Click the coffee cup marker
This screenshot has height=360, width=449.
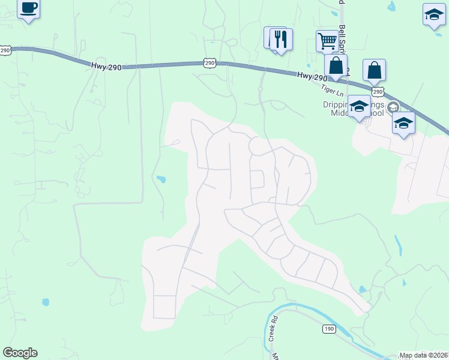28,8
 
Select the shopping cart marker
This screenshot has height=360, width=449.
327,41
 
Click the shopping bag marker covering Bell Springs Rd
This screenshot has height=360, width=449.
336,65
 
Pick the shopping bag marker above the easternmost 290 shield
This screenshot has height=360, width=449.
374,70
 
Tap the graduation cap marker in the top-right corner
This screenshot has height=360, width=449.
433,16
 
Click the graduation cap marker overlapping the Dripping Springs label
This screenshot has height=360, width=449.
359,106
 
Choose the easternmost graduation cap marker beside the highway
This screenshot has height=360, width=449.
403,122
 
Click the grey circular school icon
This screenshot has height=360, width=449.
393,107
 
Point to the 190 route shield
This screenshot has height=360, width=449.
328,329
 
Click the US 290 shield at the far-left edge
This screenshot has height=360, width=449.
5,51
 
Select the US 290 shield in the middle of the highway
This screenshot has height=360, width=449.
208,62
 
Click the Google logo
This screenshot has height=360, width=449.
20,353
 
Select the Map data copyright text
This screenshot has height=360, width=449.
423,355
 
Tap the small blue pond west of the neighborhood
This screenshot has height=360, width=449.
160,179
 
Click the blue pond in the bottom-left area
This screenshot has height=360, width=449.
46,302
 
